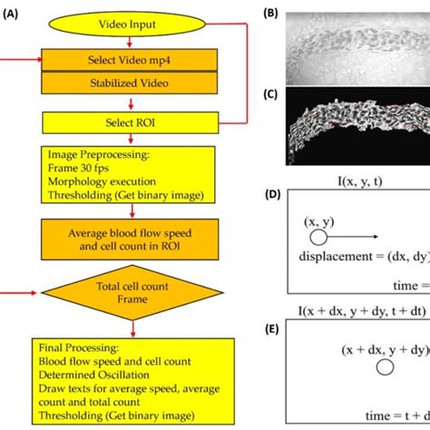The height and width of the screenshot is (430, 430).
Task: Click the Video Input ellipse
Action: coord(127,24)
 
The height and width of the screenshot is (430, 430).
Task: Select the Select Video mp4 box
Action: coord(130,60)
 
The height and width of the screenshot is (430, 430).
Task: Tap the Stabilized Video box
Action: coord(130,83)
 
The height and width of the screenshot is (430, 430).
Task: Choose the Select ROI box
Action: coord(131,122)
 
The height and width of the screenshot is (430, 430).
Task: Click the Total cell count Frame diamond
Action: coord(132,292)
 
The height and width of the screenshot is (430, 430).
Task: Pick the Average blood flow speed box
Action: coord(130,239)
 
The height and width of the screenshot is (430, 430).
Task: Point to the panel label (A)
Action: coord(10,15)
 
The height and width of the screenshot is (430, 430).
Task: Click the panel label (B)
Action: coord(270,14)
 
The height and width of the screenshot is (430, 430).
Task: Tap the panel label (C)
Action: coord(270,94)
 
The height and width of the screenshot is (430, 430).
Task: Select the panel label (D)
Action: coord(272,194)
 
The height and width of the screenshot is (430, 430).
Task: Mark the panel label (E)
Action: coord(272,329)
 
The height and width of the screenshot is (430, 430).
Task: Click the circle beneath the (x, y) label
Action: coord(318,237)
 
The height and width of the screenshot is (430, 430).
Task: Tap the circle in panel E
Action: coord(385,367)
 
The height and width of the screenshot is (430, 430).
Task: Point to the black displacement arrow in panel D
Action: coord(353,237)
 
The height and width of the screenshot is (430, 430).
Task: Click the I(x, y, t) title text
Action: coord(360,181)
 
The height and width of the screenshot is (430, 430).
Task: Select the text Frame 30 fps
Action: coord(78,168)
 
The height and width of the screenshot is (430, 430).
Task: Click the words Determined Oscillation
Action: coord(93,375)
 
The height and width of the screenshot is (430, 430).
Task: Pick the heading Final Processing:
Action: coord(79,347)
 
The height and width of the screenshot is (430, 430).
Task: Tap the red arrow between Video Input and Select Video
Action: coord(130,42)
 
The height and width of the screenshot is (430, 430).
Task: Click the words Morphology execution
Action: coord(102,181)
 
